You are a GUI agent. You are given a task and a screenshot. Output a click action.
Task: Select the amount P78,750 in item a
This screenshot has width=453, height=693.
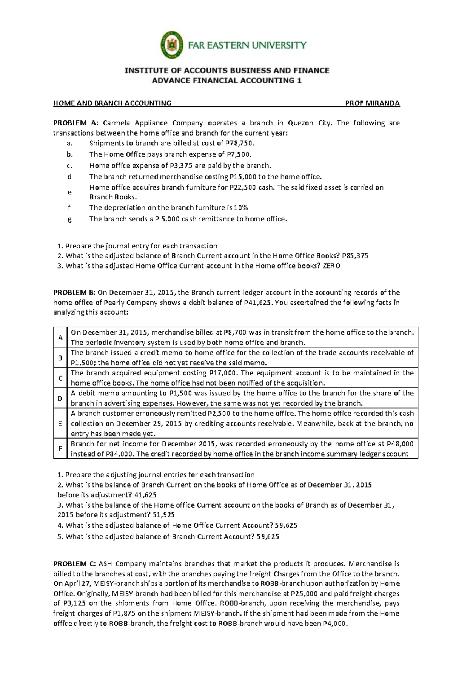[241, 143]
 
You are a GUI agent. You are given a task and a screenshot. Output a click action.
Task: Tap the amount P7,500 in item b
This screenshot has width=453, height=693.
[238, 154]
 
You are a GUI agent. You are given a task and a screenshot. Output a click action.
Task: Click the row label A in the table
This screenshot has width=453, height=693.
[60, 338]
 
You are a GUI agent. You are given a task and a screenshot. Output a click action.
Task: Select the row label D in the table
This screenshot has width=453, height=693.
[60, 398]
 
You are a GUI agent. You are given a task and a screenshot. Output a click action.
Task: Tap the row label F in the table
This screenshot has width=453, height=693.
[60, 449]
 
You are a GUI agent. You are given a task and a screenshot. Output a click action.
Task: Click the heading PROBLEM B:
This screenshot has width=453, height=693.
[74, 292]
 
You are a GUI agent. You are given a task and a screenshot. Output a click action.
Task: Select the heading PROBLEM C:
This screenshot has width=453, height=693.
[75, 564]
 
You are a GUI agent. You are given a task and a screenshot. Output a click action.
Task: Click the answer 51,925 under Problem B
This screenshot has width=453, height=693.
[163, 515]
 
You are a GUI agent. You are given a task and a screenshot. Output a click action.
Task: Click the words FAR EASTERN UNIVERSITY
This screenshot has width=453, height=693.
[247, 45]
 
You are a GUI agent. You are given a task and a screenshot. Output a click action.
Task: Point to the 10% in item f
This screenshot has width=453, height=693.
[241, 208]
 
